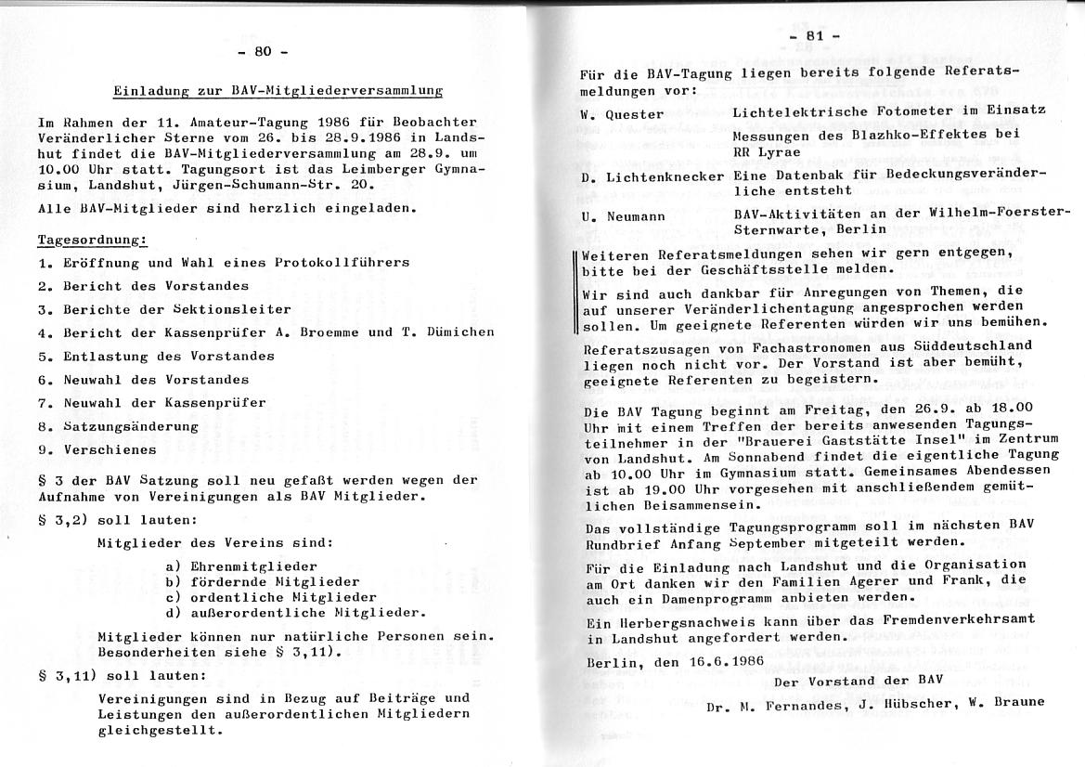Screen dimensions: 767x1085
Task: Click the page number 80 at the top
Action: pos(263,52)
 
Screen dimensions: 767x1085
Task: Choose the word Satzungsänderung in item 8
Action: pos(131,426)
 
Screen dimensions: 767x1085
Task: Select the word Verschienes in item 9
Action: pos(110,449)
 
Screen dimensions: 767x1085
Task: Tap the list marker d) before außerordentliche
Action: pos(172,612)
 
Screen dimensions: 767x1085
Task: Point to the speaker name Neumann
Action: pos(641,215)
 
